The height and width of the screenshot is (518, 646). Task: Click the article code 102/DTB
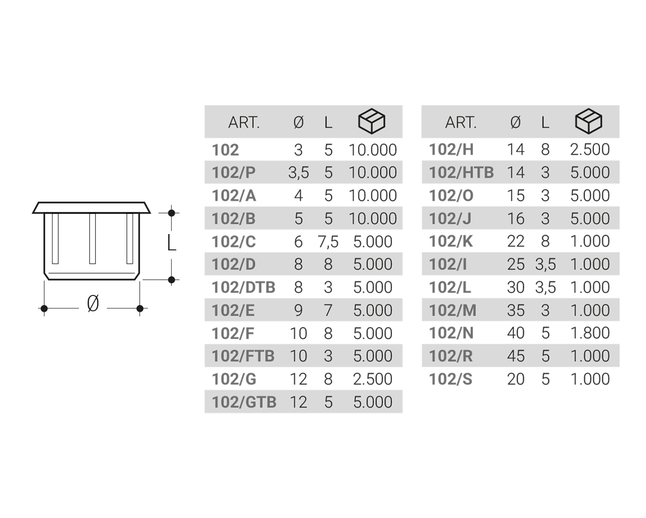(x=243, y=287)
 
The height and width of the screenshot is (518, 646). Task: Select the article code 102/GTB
(x=244, y=402)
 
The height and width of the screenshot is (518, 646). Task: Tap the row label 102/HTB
(x=461, y=173)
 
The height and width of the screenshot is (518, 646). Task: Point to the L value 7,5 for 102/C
(x=328, y=242)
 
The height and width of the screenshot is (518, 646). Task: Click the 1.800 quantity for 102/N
(x=589, y=333)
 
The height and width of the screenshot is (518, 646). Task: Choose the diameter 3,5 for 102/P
(x=298, y=173)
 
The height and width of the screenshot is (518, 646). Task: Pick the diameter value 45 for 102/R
(x=516, y=356)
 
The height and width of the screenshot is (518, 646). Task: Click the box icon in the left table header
(x=372, y=121)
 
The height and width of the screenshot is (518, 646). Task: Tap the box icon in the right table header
(x=588, y=121)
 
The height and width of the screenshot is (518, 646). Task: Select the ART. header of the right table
(x=461, y=123)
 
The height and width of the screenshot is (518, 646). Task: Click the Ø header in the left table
(x=298, y=123)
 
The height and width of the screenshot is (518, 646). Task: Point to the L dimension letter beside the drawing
(x=172, y=243)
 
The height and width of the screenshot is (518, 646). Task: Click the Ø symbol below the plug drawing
(x=93, y=303)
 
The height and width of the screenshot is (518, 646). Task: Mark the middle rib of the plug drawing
(x=92, y=238)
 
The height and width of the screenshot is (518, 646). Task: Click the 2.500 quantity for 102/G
(x=372, y=379)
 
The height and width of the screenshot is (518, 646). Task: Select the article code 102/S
(x=450, y=379)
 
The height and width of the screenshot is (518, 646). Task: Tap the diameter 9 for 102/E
(x=298, y=310)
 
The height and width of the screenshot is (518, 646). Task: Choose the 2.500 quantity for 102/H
(x=589, y=150)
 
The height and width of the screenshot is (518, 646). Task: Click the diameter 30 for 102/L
(x=516, y=287)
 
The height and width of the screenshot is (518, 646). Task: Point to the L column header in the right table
(x=545, y=123)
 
